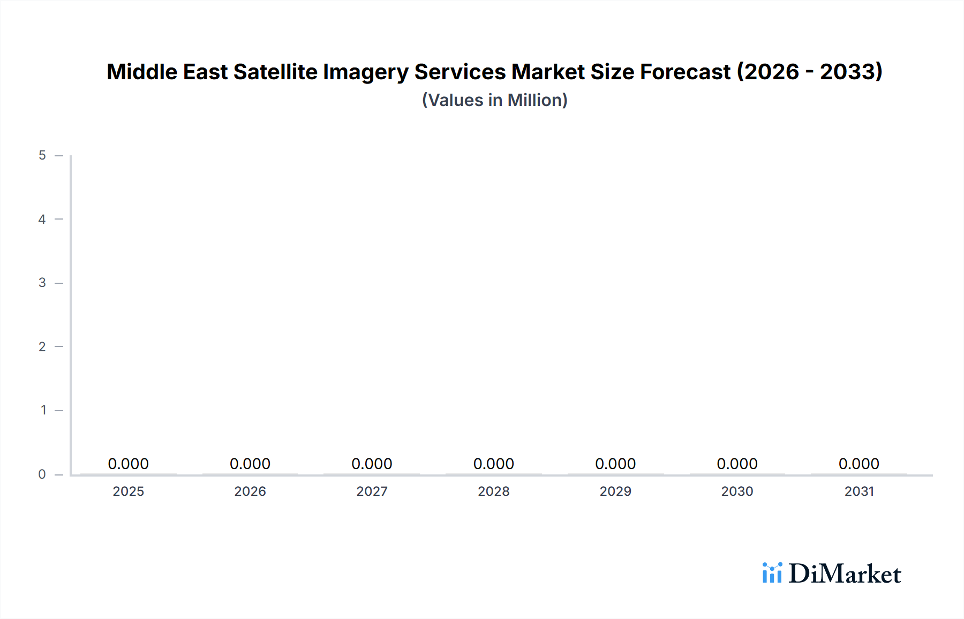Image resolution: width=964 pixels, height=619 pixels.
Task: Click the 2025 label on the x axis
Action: click(x=128, y=491)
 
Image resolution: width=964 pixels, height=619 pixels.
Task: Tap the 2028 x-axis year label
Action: click(x=493, y=491)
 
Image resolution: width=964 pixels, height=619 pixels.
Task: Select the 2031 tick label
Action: click(x=859, y=491)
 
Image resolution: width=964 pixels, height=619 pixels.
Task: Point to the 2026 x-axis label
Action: click(x=250, y=491)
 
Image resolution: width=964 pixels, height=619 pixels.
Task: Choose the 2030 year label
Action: click(x=737, y=491)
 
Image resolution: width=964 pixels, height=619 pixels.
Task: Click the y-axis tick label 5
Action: click(x=42, y=155)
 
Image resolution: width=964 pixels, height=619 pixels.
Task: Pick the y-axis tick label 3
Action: click(x=42, y=283)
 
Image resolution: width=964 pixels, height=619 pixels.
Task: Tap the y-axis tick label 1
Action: click(x=43, y=410)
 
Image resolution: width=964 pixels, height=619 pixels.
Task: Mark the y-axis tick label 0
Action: click(x=42, y=474)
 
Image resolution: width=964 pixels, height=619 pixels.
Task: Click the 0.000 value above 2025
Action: click(x=128, y=464)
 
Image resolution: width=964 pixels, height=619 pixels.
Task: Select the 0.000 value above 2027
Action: click(x=372, y=464)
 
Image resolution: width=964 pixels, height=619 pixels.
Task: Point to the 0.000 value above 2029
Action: click(x=615, y=464)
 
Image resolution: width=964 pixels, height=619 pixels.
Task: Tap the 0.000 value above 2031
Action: click(x=859, y=464)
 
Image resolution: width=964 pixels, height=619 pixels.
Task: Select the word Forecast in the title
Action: click(x=685, y=72)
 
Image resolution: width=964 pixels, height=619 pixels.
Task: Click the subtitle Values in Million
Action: click(x=494, y=100)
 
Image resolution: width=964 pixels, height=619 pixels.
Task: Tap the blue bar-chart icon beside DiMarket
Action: click(x=772, y=573)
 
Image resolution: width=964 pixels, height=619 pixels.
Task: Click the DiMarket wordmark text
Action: click(x=845, y=574)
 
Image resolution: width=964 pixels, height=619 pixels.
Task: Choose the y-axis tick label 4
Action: click(x=42, y=219)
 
